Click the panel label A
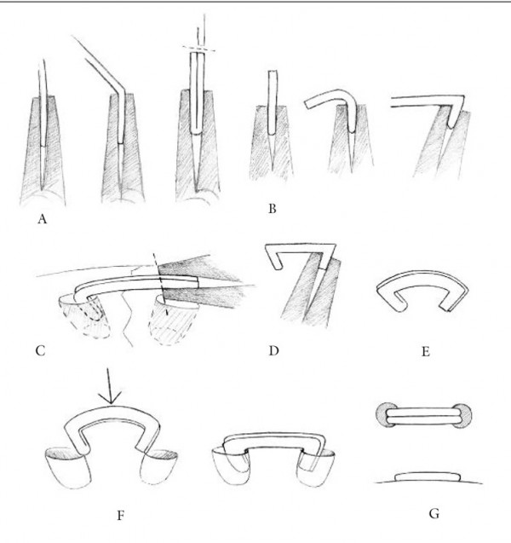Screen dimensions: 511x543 42,219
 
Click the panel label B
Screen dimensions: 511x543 273,209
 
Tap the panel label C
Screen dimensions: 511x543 40,351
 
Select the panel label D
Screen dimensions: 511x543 273,351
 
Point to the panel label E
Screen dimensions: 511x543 426,352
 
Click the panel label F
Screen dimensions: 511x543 120,516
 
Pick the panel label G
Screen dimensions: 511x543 434,513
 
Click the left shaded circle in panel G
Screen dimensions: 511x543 387,415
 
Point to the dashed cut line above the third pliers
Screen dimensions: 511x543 198,49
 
